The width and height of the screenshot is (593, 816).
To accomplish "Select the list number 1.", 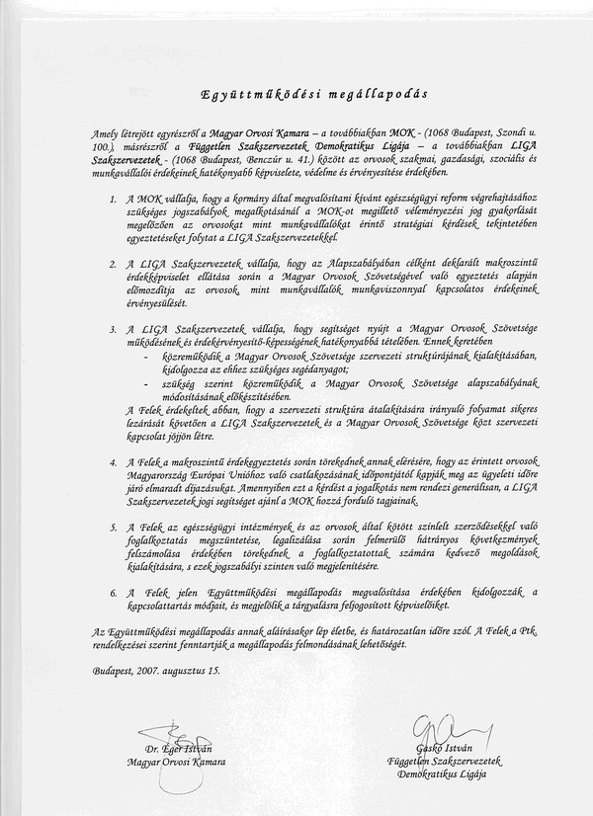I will tap(114, 200).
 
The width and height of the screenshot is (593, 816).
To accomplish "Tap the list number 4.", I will tap(114, 461).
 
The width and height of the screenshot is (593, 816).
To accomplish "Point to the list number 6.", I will tap(114, 591).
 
